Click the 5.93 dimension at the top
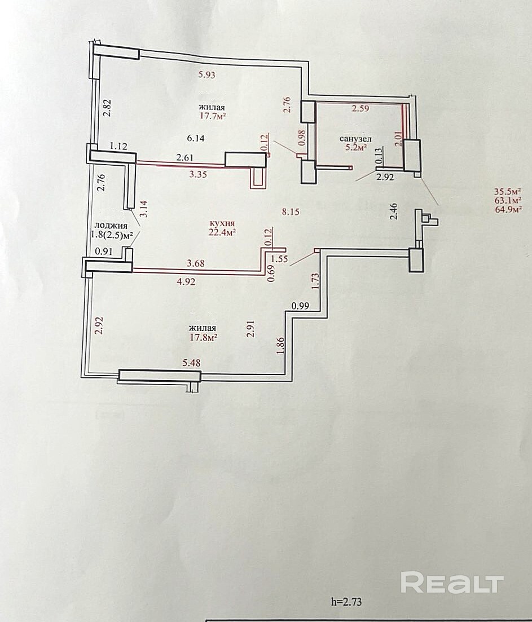(x=206, y=74)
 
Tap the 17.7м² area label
(x=213, y=116)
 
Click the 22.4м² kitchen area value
(x=222, y=232)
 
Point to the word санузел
(x=355, y=139)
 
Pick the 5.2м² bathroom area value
(x=355, y=148)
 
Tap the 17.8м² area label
(x=203, y=337)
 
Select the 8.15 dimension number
(x=291, y=212)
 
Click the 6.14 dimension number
(x=195, y=138)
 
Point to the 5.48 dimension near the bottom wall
(x=191, y=363)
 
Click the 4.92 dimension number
(x=186, y=281)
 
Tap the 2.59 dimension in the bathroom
(x=360, y=108)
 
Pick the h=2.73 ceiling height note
(x=346, y=602)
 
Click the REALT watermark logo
(x=452, y=583)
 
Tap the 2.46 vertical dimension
(x=394, y=211)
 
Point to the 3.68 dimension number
(x=195, y=263)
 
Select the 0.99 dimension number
(x=300, y=306)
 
